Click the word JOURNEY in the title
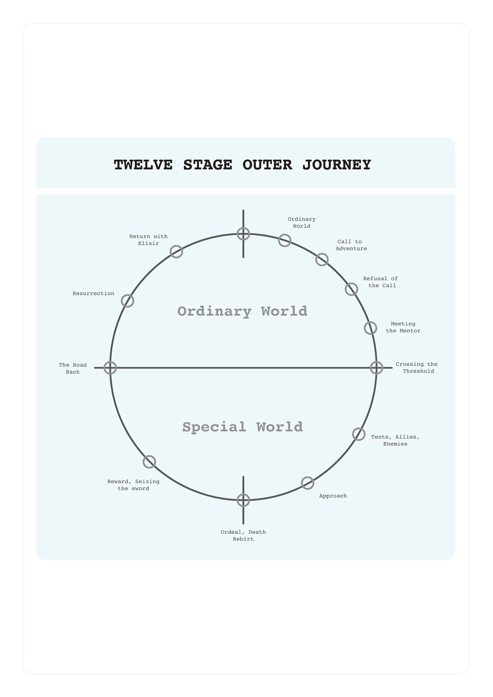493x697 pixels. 336,165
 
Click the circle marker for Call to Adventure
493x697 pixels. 322,260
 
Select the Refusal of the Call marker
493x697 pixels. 351,289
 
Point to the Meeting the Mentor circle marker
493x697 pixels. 370,328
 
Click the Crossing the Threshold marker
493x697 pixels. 376,368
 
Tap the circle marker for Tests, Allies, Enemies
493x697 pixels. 358,434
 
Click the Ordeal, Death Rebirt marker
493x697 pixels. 243,500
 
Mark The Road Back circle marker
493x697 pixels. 110,368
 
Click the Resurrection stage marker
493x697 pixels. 128,301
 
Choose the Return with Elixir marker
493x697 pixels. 176,252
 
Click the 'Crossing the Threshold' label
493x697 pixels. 416,368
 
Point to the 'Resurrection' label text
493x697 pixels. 93,293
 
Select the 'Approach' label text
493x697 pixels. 333,496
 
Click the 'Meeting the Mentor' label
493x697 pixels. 403,327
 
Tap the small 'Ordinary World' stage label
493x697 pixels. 301,223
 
